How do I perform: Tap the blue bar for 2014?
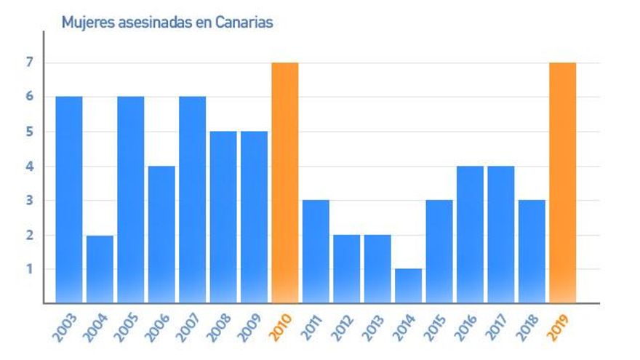click(408, 285)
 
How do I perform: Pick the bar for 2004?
click(100, 268)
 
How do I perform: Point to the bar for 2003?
click(68, 199)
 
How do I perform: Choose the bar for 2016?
click(470, 234)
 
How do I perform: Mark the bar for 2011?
click(316, 251)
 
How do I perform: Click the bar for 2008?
click(223, 217)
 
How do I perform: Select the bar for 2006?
click(161, 234)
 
